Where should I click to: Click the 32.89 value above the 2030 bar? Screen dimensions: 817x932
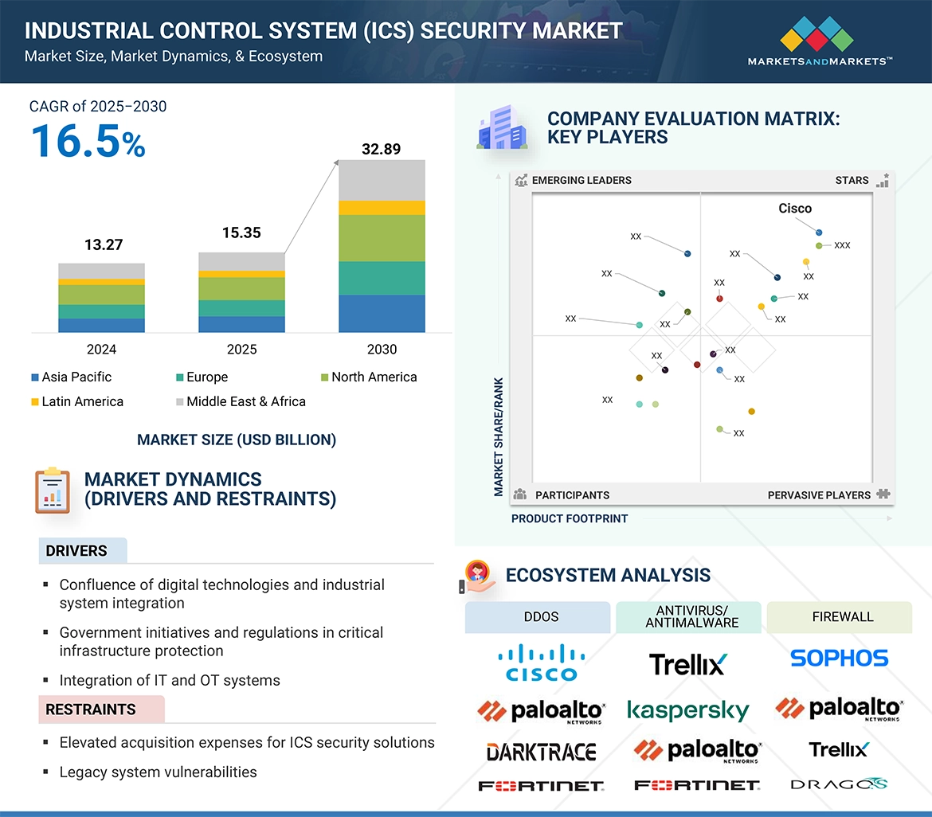coord(381,149)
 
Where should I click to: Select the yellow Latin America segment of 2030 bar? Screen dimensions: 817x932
coord(382,208)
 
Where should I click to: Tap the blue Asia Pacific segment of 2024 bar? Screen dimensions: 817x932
coord(101,325)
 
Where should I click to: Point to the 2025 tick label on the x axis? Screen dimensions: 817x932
coord(241,350)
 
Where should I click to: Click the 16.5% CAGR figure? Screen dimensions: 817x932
coord(88,142)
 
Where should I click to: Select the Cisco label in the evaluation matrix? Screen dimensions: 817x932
coord(794,209)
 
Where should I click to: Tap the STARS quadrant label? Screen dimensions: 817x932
coord(852,181)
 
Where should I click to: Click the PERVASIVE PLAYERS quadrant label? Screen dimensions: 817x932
coord(819,495)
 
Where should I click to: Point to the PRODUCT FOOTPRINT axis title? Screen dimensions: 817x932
coord(569,519)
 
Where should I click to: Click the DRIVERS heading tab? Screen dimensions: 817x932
coord(76,551)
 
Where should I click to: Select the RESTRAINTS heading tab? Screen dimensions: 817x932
coord(91,709)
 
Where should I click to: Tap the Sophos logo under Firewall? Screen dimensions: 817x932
coord(839,659)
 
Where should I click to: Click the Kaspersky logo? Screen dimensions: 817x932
coord(688,709)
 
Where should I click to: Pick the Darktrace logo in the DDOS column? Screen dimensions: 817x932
coord(541,752)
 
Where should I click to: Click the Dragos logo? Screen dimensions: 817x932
coord(838,785)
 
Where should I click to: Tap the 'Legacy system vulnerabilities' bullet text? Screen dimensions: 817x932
coord(158,772)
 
